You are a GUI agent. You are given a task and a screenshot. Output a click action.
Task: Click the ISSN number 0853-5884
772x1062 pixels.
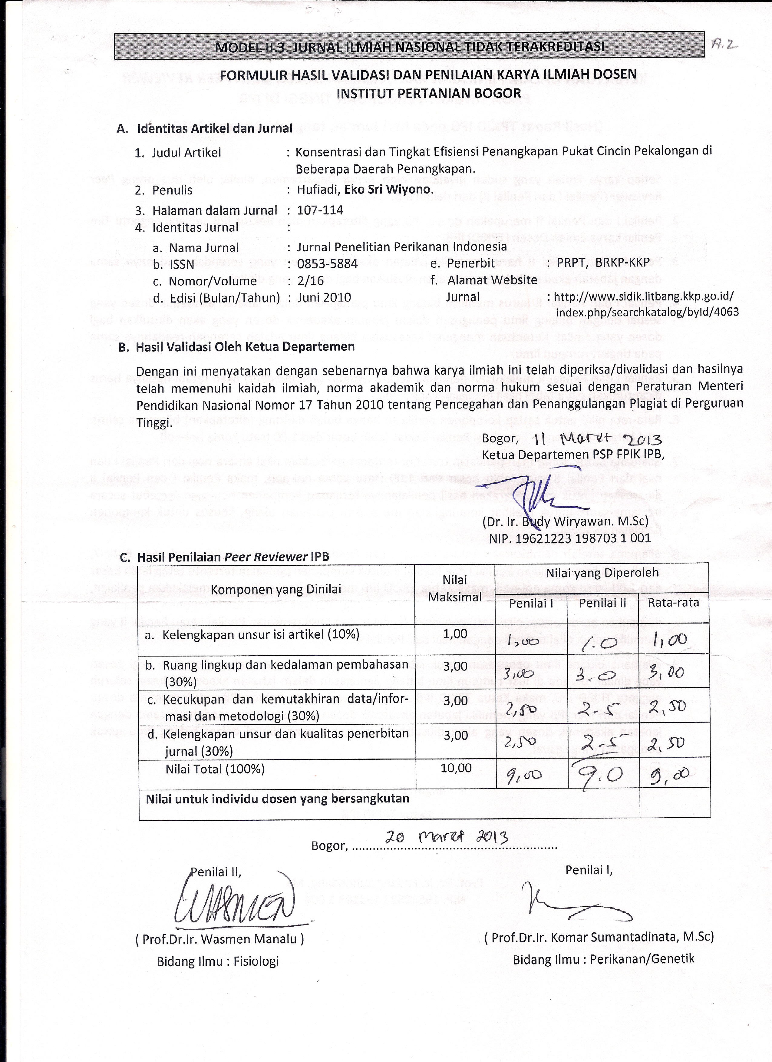(327, 264)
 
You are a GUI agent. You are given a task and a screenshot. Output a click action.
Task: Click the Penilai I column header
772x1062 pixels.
(531, 604)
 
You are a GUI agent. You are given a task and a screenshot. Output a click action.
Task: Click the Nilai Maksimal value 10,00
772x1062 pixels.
(456, 768)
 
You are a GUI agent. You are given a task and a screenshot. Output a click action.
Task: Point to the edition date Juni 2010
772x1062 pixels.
(324, 297)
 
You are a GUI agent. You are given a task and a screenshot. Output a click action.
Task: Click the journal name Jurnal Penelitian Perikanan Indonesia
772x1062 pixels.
(402, 247)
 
